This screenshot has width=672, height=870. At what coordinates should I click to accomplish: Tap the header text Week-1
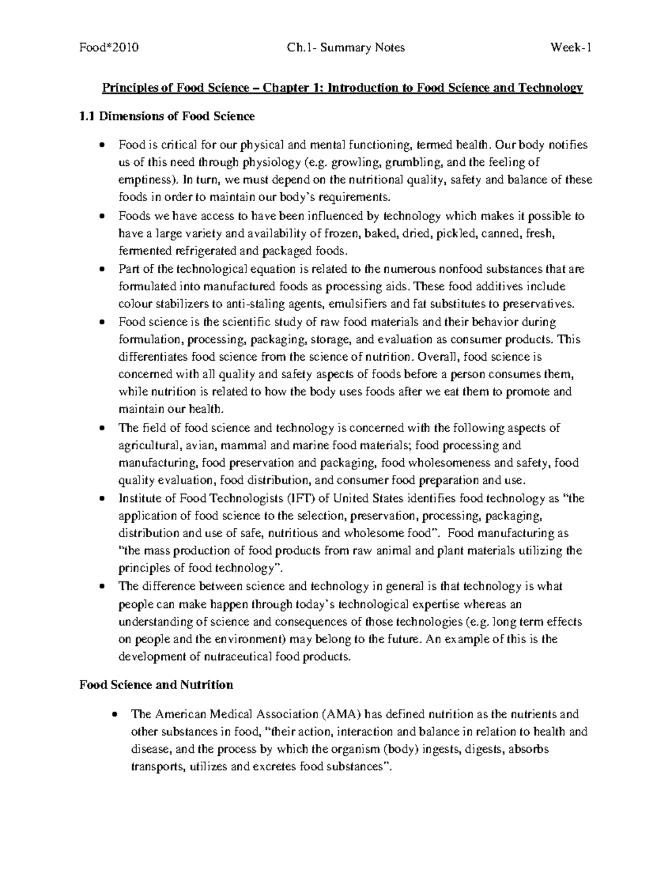572,48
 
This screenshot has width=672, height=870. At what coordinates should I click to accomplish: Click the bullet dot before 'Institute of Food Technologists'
101,499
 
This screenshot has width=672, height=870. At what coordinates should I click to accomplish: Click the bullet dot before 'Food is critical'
101,145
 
